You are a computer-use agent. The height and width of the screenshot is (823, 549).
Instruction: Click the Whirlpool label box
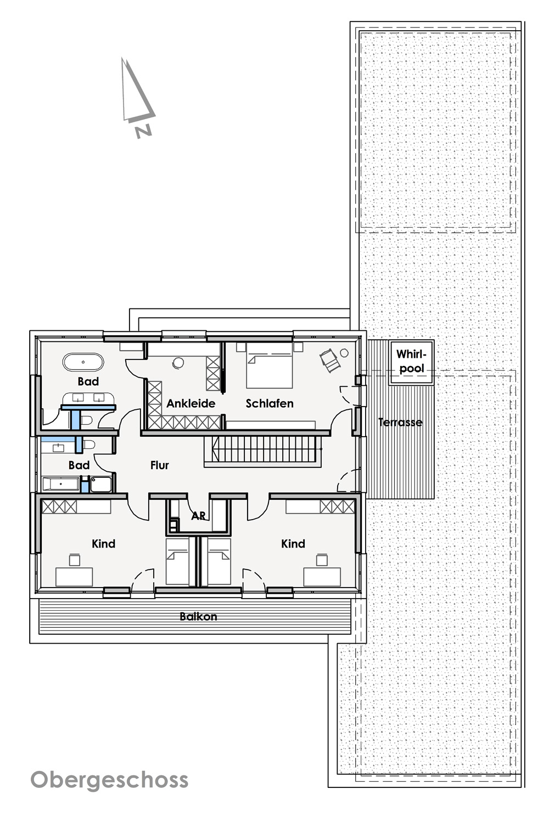(411, 362)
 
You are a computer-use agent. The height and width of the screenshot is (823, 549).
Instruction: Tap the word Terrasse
(400, 422)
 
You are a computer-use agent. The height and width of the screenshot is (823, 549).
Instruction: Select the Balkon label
(198, 616)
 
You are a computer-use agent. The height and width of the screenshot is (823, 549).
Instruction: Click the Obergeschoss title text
(109, 780)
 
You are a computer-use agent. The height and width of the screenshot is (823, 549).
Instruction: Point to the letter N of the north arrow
(143, 132)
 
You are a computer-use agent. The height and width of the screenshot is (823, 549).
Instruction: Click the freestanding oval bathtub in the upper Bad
(83, 362)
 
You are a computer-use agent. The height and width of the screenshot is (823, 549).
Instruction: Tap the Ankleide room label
(191, 403)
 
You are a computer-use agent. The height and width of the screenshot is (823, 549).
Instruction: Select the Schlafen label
(270, 403)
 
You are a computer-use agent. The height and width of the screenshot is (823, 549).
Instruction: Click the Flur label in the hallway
(160, 465)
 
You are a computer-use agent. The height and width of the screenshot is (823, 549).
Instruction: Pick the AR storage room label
(198, 516)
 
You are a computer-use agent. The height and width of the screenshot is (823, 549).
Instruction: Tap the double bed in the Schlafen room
(270, 365)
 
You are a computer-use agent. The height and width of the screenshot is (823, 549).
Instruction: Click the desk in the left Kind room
(74, 577)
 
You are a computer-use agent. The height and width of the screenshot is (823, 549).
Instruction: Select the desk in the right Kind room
(322, 577)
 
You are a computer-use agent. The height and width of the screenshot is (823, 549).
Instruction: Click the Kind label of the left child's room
(103, 543)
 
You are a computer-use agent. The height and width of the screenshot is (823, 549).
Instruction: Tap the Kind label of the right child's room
(293, 543)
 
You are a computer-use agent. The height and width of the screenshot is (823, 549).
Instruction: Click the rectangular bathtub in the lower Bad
(61, 484)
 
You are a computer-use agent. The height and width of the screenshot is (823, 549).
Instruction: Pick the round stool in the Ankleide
(178, 363)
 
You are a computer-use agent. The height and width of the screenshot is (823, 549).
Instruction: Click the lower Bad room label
(79, 465)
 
